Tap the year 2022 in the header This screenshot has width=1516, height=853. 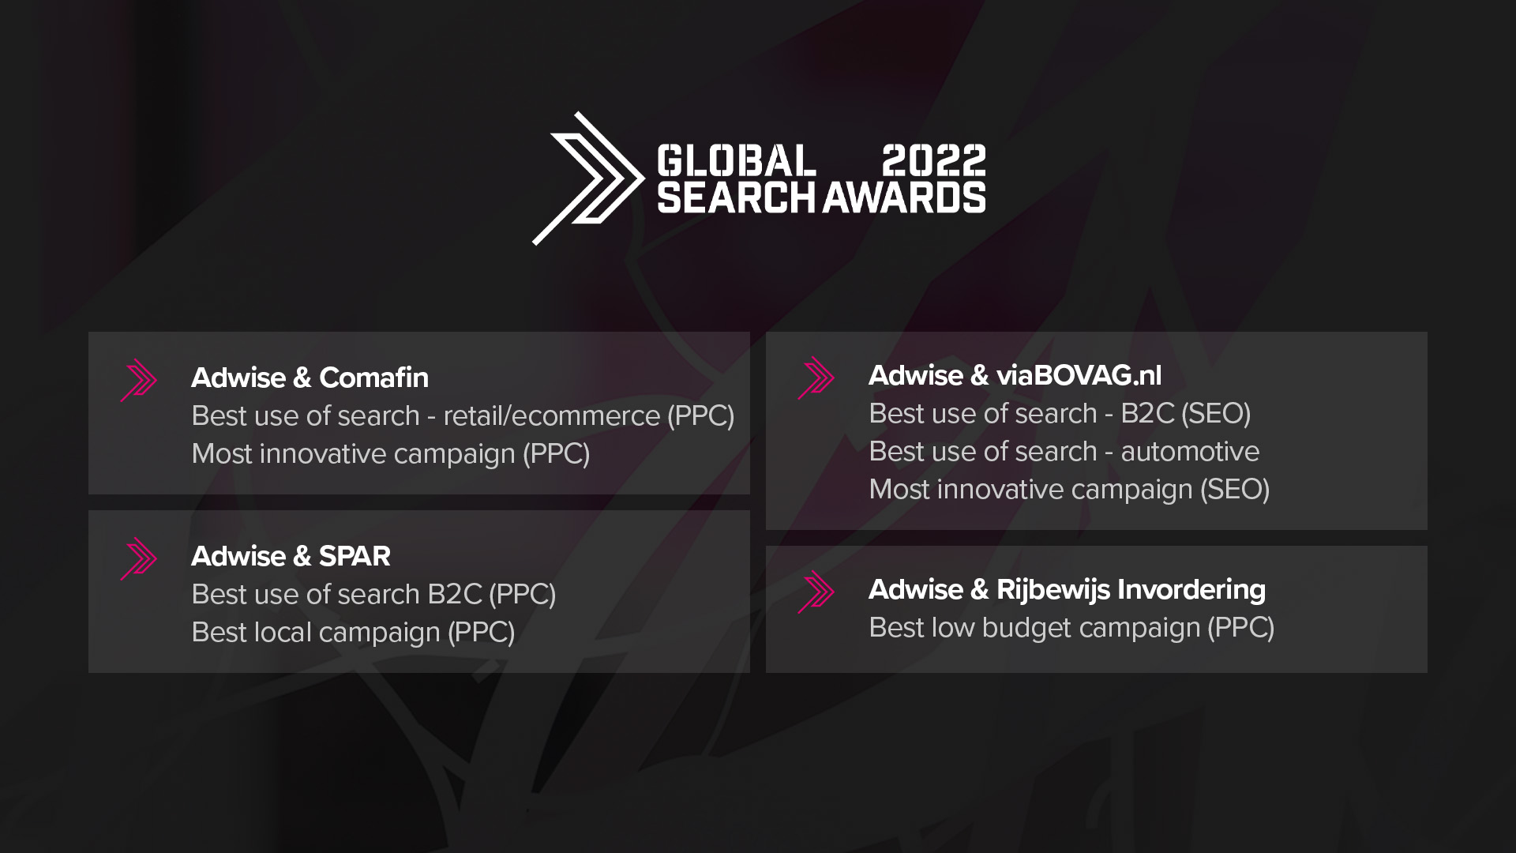point(933,160)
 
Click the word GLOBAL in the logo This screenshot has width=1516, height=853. point(736,160)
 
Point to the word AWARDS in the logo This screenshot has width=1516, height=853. point(904,197)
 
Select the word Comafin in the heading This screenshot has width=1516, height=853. point(373,378)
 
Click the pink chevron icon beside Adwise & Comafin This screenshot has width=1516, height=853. point(139,381)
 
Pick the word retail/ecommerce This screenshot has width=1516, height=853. point(551,415)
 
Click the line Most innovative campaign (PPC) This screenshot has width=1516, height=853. point(391,454)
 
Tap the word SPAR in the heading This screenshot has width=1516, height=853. point(355,556)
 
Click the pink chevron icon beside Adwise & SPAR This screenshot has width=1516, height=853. point(139,559)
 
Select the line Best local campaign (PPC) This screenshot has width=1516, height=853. point(353,633)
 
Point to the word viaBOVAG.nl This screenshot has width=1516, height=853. point(1079,375)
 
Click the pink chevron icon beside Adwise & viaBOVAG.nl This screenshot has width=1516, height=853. point(816,378)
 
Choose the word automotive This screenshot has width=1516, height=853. point(1190,452)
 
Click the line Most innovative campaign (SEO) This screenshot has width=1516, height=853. point(1069,490)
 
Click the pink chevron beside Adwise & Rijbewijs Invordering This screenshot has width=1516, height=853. point(816,592)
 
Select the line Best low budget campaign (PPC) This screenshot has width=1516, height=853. point(1071,628)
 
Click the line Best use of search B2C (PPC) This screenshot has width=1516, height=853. point(373,595)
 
